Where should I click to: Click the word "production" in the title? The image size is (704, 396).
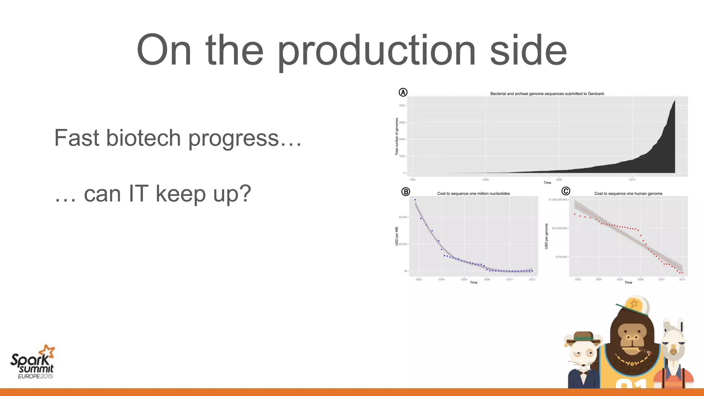click(376, 52)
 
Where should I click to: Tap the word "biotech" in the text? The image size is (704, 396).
click(144, 138)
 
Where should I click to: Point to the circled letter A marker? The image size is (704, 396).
click(403, 92)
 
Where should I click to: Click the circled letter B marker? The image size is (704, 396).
click(406, 192)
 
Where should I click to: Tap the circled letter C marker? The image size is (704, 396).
click(565, 191)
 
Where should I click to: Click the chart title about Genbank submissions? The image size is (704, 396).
click(547, 93)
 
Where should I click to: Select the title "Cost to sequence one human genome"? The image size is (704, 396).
click(628, 194)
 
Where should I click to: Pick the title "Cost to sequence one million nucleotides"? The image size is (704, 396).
click(473, 194)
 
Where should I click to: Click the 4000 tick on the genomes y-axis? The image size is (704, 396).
click(402, 106)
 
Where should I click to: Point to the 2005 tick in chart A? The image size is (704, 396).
click(559, 179)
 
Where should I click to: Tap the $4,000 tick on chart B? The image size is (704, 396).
click(403, 217)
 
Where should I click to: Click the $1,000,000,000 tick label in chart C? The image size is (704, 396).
click(558, 199)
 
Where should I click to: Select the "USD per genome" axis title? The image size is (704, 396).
click(546, 236)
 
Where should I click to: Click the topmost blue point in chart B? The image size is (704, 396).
click(415, 199)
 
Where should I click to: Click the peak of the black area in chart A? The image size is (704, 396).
click(674, 101)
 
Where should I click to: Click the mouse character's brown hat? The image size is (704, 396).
click(583, 336)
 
